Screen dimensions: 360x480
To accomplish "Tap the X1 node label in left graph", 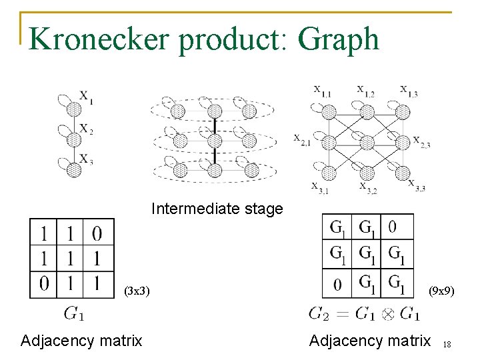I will pyautogui.click(x=87, y=97).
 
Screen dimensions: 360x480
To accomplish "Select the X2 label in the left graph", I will pyautogui.click(x=87, y=129).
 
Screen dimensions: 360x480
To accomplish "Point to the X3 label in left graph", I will pyautogui.click(x=87, y=159).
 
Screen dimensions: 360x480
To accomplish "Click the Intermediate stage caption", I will pyautogui.click(x=217, y=209).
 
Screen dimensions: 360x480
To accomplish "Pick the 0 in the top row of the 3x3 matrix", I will pyautogui.click(x=97, y=233).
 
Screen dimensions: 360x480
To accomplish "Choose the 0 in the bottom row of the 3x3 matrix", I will pyautogui.click(x=45, y=284).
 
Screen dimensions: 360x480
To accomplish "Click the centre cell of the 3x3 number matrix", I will pyautogui.click(x=71, y=259).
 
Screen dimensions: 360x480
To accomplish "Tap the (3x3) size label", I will pyautogui.click(x=137, y=291).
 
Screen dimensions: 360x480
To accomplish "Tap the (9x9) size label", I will pyautogui.click(x=441, y=291).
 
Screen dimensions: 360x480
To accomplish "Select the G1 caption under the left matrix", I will pyautogui.click(x=73, y=312).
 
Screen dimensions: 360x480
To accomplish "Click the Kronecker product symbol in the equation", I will pyautogui.click(x=387, y=313).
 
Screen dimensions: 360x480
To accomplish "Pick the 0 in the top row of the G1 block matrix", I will pyautogui.click(x=392, y=227).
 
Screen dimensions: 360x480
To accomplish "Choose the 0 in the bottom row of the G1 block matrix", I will pyautogui.click(x=338, y=285).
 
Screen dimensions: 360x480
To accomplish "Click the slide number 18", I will pyautogui.click(x=447, y=344).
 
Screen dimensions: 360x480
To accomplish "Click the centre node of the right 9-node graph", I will pyautogui.click(x=366, y=142).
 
